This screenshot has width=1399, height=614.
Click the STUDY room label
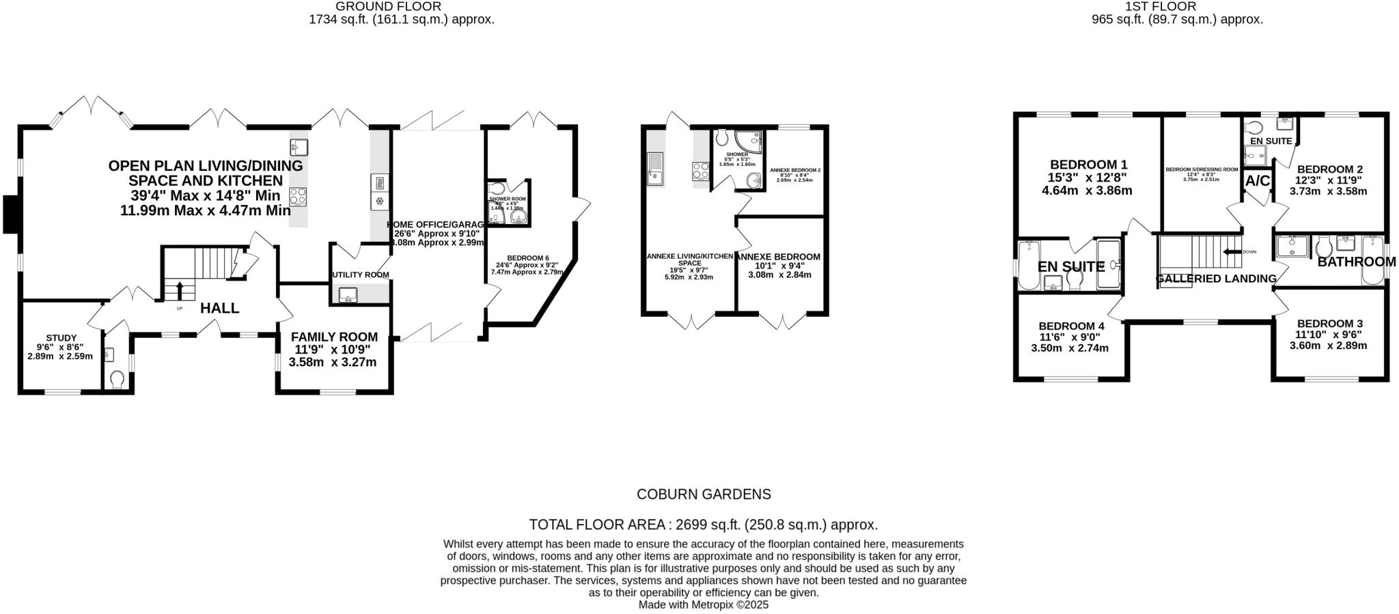61,338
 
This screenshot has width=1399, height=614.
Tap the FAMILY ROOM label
334,337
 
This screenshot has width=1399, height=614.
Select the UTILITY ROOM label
361,275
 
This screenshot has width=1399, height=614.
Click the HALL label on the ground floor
219,309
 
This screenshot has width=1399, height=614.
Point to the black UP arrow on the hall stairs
180,290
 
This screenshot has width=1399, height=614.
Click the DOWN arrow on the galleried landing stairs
1231,252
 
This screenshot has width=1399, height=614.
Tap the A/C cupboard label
1258,181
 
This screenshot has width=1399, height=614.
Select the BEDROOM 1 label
1088,165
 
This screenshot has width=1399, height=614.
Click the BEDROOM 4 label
1070,326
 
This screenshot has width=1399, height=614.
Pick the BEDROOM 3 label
1325,324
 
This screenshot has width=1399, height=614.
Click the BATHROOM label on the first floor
1356,262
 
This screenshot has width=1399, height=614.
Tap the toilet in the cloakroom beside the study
117,378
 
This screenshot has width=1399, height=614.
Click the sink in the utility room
347,295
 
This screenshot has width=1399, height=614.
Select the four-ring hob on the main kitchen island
299,197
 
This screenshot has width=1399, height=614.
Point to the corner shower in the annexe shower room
752,143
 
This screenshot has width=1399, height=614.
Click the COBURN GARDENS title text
703,494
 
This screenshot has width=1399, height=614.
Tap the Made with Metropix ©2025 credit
703,605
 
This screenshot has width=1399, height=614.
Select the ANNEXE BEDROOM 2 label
795,170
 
